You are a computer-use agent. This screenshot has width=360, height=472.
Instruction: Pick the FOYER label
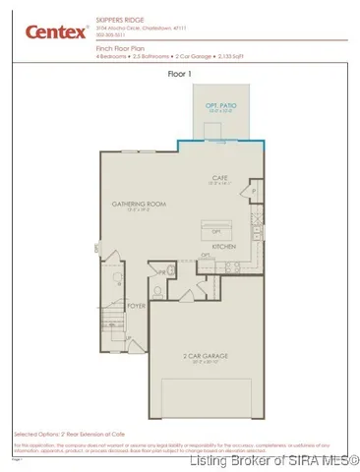tap(137, 305)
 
